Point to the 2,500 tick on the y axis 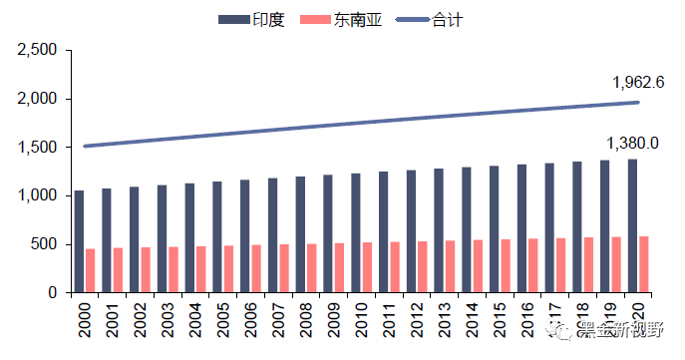pos(38,51)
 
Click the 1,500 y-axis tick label pos(38,148)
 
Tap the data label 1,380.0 pos(632,144)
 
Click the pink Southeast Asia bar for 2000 pos(91,270)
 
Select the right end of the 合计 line pos(637,103)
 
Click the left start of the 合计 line pos(85,146)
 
